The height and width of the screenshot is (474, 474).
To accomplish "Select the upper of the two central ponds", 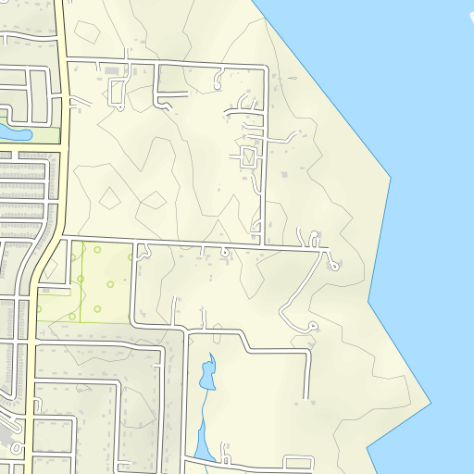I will point(208,372).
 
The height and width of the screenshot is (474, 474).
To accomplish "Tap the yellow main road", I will point(63,139).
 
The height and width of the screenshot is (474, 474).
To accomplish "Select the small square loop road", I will point(247,156).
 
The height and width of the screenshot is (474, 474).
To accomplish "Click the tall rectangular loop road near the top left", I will point(39,96).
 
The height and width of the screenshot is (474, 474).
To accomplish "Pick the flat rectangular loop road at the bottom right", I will point(298,463).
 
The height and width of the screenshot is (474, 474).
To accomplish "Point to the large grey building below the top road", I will point(112,70).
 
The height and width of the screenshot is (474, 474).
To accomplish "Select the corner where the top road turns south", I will point(267,67).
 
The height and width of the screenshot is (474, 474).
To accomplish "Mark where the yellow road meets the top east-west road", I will point(67,59).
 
